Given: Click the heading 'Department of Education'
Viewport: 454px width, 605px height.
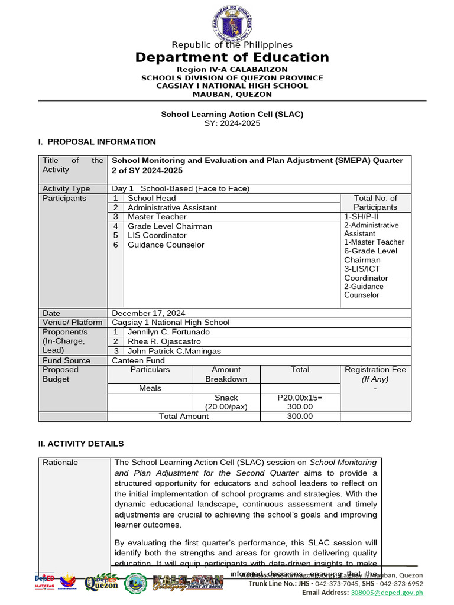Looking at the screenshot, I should coord(232,57).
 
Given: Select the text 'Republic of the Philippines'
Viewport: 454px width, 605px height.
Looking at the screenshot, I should coord(232,45).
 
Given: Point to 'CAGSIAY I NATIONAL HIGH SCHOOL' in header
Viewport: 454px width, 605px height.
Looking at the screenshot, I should coord(232,86).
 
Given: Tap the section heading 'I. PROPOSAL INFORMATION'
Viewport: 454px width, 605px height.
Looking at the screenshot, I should coord(97,142).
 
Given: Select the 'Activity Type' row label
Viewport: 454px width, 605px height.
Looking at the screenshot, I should coord(66,188).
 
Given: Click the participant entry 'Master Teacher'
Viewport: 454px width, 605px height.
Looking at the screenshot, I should coord(157,217).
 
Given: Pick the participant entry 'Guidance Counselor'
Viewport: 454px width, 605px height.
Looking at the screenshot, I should coord(166,245).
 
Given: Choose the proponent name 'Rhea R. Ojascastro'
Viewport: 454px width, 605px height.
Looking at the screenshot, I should coord(164,341).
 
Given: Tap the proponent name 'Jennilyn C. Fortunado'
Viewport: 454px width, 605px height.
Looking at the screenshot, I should coord(168,332).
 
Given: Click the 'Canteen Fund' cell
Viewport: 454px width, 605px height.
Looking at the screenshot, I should coord(138,360).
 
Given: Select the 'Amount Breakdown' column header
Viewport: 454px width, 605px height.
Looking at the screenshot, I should coord(226,374).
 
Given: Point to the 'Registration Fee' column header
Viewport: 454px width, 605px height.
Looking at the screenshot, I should coord(375,370).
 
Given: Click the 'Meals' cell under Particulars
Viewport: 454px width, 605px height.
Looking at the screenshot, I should coord(150,388).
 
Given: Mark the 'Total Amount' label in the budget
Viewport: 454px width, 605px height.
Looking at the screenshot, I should coord(184,416).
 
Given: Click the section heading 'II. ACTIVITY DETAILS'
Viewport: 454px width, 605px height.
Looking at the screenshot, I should coord(81,444).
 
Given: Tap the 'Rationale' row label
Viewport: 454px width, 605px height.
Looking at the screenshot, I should coord(60,463).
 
